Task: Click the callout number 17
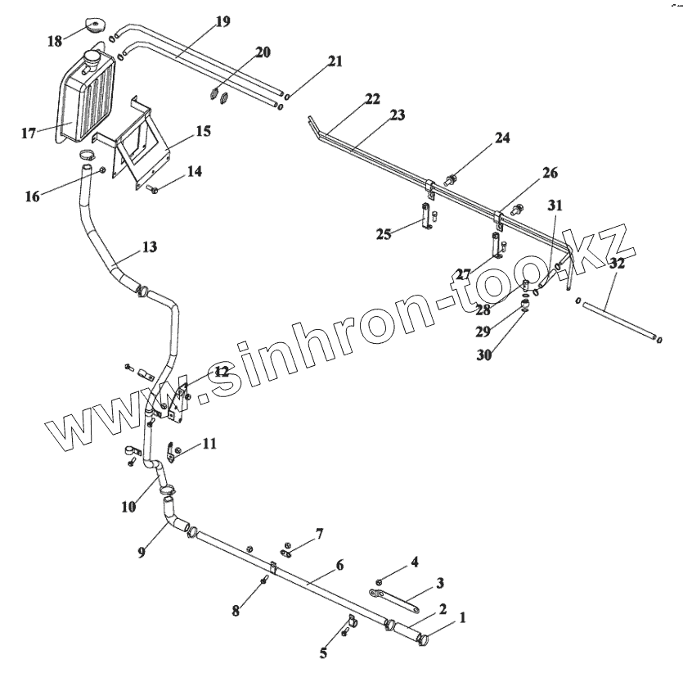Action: (29, 133)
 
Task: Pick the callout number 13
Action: (149, 246)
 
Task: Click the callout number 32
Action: (616, 264)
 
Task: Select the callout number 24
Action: (501, 138)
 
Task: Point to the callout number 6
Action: (339, 565)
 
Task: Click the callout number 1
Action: (463, 619)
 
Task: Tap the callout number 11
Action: (209, 444)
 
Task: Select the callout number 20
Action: (262, 52)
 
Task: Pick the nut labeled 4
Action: (378, 581)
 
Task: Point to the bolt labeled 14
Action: (153, 191)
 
